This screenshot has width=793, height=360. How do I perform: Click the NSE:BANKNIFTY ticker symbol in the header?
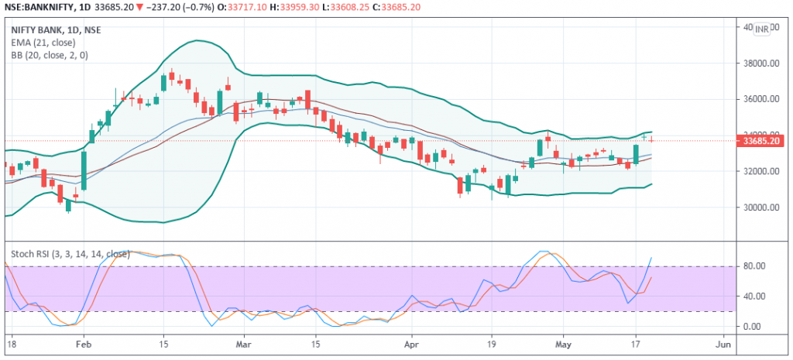pyautogui.click(x=39, y=8)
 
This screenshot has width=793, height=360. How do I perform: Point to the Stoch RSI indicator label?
pyautogui.click(x=68, y=252)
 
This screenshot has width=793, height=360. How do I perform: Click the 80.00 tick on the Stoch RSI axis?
pyautogui.click(x=754, y=266)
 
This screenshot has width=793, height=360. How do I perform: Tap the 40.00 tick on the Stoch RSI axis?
pyautogui.click(x=754, y=297)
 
